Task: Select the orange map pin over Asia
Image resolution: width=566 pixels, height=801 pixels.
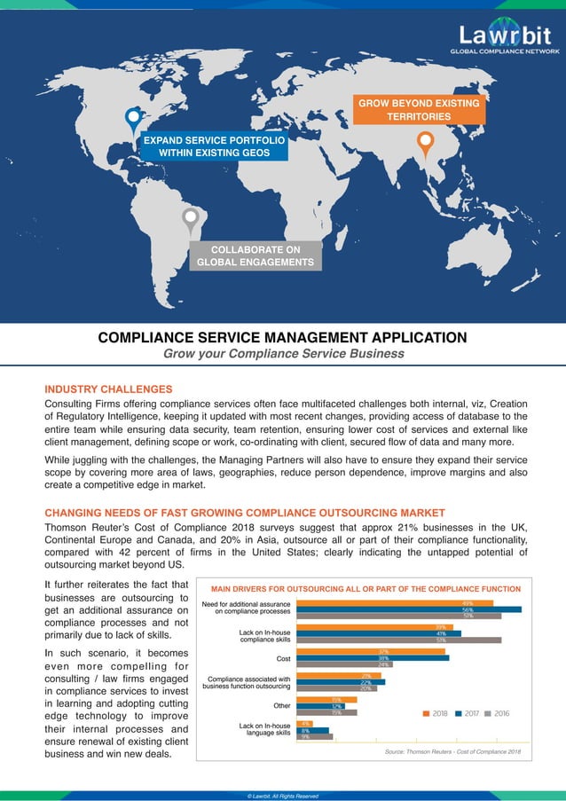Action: tap(425, 141)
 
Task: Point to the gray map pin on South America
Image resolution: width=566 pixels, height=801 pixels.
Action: tap(190, 218)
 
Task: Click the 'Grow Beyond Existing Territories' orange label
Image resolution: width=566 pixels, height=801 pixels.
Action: tap(419, 110)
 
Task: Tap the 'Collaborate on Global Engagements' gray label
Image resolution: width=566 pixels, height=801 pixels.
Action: tap(255, 255)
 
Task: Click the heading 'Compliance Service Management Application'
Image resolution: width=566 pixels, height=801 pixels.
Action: tap(282, 337)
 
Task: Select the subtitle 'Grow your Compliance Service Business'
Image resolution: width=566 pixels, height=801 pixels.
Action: tap(282, 354)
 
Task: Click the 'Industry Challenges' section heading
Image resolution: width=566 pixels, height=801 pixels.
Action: tap(108, 389)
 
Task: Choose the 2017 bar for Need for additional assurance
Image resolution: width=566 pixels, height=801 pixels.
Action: tap(408, 609)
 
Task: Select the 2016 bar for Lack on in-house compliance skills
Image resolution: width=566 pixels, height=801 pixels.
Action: tap(398, 640)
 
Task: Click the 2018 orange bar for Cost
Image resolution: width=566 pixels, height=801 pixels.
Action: tap(370, 651)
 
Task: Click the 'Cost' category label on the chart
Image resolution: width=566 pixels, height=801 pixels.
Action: tap(283, 658)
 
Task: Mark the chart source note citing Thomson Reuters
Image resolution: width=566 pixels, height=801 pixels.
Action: tap(452, 752)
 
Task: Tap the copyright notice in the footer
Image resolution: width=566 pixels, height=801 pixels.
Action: tap(282, 796)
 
